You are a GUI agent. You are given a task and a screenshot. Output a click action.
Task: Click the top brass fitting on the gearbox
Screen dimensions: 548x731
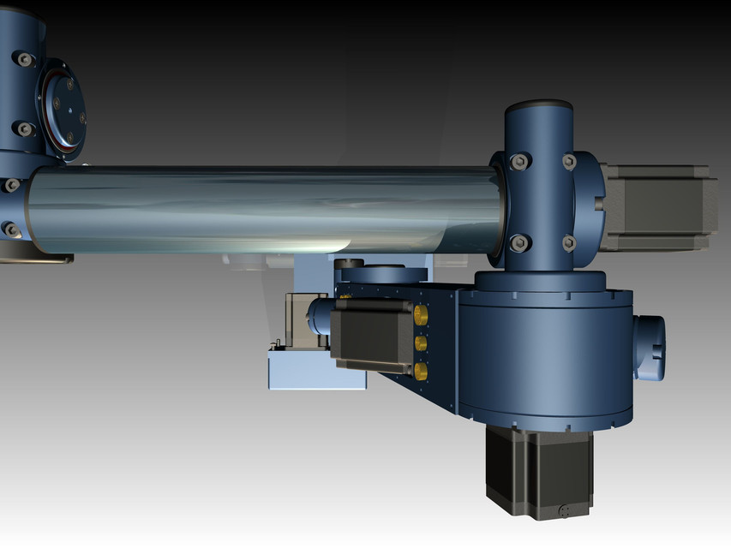pos(420,315)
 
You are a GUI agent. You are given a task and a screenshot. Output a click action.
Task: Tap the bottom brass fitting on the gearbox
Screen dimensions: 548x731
pos(421,370)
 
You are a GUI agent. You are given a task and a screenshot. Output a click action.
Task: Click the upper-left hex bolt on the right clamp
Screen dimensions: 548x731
pos(518,162)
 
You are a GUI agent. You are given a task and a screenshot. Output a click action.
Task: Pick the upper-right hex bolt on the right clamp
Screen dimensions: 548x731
pos(569,161)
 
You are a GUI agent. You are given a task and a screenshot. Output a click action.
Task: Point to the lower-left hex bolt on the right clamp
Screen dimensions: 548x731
pos(518,242)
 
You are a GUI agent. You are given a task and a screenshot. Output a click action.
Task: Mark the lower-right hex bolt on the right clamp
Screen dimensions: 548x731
pos(569,243)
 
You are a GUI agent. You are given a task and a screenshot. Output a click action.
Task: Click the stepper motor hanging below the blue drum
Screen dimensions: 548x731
pos(538,472)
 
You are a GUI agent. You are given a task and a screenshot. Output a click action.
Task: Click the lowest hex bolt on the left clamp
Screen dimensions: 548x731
pos(10,229)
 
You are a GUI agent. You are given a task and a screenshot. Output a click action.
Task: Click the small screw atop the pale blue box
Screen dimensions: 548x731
pos(276,345)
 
